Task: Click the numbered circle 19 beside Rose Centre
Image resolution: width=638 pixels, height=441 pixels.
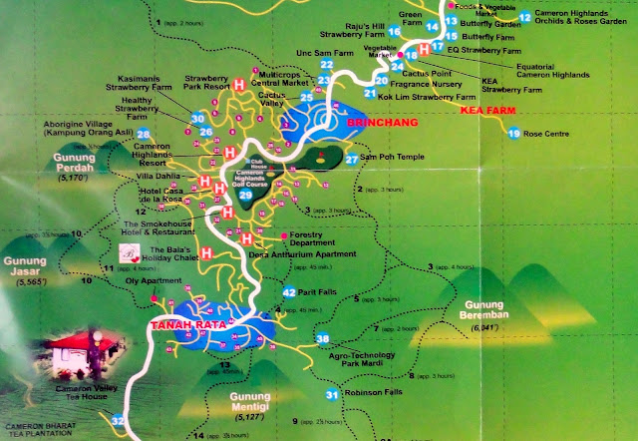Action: point(513,133)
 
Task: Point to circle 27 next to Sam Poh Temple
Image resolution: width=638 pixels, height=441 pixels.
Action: point(350,159)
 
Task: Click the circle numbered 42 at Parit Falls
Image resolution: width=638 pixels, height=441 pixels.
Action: point(288,292)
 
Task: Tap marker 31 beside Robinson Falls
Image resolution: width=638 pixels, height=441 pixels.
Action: point(331,395)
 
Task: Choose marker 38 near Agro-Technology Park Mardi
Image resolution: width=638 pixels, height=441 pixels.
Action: point(322,339)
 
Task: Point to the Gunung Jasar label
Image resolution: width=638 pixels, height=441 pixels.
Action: point(26,267)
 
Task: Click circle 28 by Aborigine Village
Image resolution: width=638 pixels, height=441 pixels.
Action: point(144,134)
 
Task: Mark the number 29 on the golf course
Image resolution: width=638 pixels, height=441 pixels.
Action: point(246,195)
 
